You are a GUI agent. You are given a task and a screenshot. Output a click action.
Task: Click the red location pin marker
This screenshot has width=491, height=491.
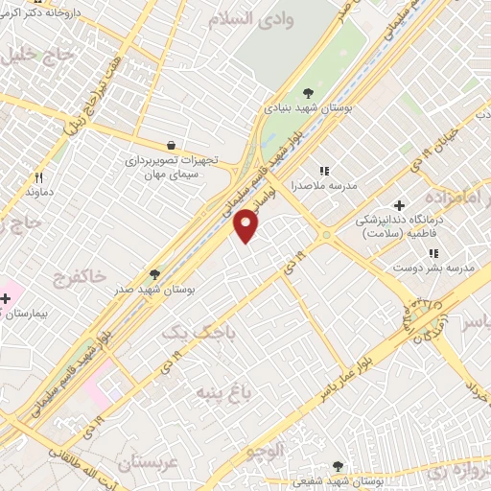pos(246,224)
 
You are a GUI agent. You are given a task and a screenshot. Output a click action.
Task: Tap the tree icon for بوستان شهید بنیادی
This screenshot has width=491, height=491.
pos(308,93)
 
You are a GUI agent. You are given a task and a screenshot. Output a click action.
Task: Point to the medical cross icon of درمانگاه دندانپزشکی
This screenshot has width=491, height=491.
pos(399,206)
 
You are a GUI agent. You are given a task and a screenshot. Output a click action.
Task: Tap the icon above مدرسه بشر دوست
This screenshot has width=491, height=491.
pos(433,253)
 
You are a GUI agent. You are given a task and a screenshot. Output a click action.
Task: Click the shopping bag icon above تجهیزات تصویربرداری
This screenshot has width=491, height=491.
pos(170,145)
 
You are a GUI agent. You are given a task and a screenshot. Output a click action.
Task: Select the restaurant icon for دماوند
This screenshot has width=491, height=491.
pos(39,176)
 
